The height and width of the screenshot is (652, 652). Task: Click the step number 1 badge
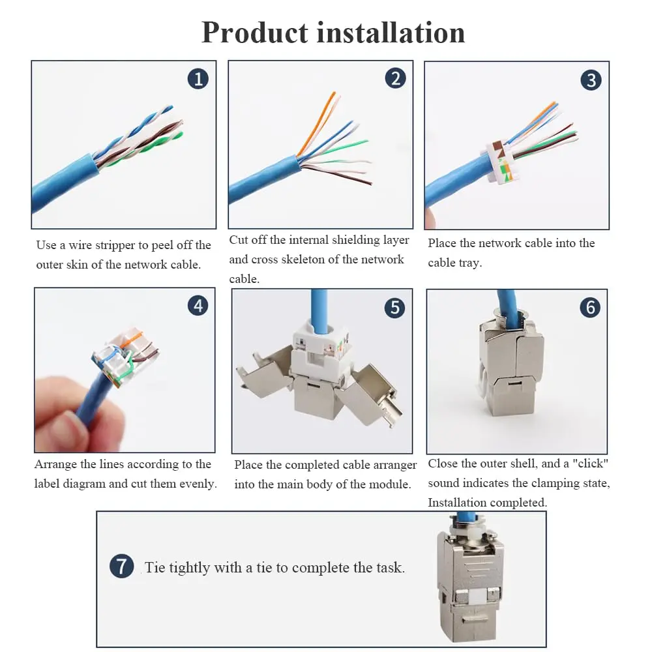pos(198,79)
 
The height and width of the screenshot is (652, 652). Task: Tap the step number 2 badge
pos(395,78)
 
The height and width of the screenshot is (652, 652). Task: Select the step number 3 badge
pos(591,80)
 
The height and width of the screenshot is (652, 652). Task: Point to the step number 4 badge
pos(198,306)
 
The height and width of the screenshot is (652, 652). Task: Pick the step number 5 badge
pos(394,308)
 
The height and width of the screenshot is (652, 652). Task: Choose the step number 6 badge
pos(590,307)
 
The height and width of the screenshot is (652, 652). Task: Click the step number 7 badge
pos(121,566)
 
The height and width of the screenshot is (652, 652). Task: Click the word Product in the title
pos(255,33)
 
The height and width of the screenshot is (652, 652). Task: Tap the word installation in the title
pos(391,33)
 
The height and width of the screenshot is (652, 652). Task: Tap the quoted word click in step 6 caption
pos(591,463)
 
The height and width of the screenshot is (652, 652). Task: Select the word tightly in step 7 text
pos(189,568)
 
